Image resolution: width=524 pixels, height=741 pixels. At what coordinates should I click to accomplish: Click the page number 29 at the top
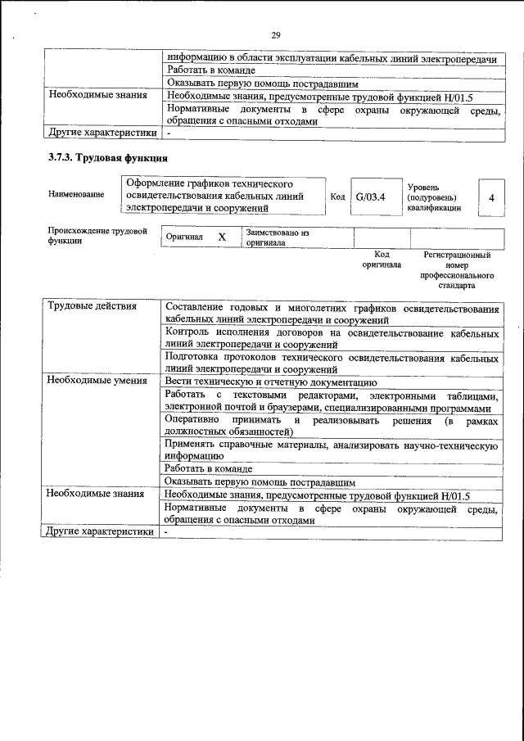(275, 34)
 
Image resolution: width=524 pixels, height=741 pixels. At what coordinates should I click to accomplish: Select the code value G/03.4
(370, 197)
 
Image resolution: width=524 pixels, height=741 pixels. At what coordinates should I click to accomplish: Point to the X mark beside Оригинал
(221, 236)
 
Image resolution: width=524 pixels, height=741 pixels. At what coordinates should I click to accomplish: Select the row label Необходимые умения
(97, 380)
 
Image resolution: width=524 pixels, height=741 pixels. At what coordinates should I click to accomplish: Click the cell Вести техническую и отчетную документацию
(270, 381)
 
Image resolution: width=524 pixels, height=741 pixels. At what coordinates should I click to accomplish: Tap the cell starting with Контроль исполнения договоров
(331, 338)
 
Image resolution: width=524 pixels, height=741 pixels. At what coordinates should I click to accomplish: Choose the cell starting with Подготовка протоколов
(331, 363)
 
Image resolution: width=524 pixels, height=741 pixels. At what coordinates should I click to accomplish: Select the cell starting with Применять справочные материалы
(331, 450)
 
